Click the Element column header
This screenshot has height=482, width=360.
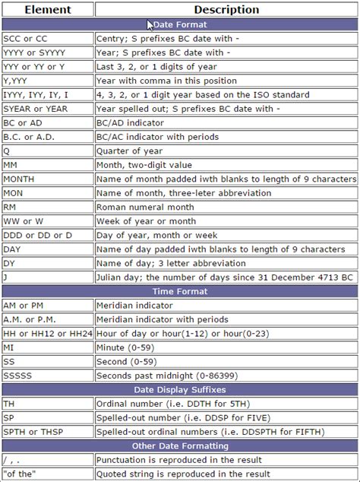tap(47, 10)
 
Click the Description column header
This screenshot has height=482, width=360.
tap(226, 10)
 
